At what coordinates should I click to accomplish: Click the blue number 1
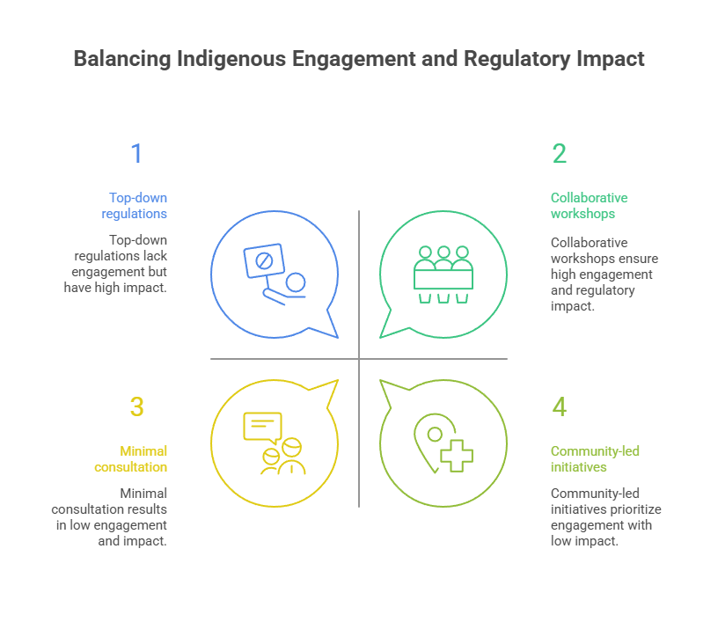tap(136, 154)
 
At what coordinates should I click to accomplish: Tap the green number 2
tap(560, 154)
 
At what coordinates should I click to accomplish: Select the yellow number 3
tap(136, 407)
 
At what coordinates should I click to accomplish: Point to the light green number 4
tap(560, 407)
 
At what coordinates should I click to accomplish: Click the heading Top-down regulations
tap(136, 206)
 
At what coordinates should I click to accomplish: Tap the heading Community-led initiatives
tap(595, 458)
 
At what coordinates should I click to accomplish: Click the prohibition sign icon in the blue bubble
tap(261, 261)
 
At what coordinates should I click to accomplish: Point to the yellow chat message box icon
tap(262, 427)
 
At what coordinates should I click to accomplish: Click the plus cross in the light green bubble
tap(456, 455)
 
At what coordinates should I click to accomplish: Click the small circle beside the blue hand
tap(296, 282)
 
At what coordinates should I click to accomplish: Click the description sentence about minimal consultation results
tap(110, 517)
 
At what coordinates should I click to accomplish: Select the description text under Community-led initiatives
tap(605, 517)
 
